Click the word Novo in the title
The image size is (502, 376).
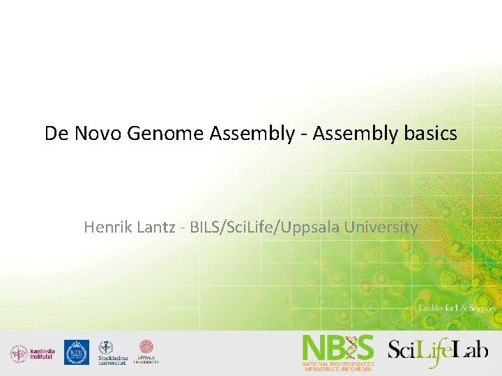96,134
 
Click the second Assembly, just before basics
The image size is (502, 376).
356,134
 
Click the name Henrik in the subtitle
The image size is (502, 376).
105,227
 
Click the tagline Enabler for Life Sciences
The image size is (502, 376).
457,308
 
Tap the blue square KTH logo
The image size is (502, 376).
76,352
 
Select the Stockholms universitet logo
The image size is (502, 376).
112,353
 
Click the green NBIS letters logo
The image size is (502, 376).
337,347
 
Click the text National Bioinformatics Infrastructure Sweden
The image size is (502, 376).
337,366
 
